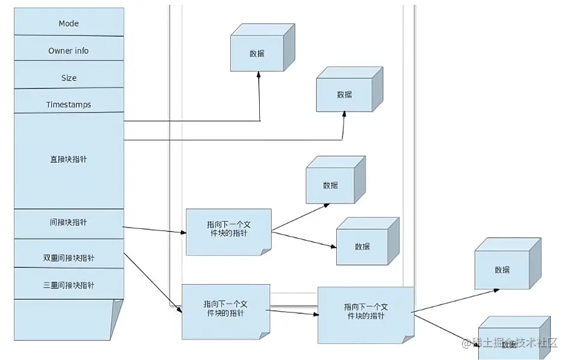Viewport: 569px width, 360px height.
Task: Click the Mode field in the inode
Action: pos(69,23)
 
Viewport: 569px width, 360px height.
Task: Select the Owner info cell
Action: pos(69,51)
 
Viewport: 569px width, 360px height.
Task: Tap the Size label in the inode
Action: pos(69,78)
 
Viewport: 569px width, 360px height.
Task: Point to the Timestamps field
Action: pos(69,104)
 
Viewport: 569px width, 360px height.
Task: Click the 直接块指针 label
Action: pos(69,160)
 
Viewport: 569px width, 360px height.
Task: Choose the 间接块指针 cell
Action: pos(69,223)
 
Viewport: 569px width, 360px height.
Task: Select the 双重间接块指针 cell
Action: pos(69,258)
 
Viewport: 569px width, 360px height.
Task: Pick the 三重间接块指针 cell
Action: pos(69,285)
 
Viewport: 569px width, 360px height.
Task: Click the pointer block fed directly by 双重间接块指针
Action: pos(226,311)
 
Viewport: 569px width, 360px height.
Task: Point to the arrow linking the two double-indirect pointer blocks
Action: pos(294,312)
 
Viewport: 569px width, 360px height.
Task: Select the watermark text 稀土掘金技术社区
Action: pos(510,343)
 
